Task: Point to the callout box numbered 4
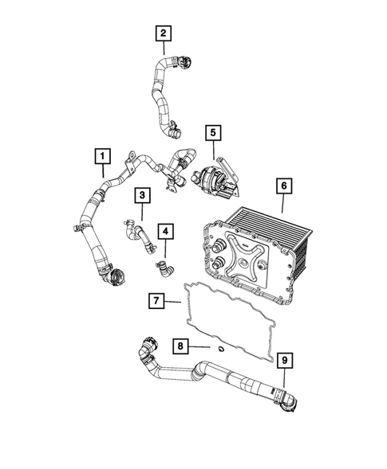click(x=165, y=232)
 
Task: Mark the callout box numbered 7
click(x=156, y=302)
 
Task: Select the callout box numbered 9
click(x=284, y=361)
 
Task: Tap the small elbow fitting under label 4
click(x=163, y=267)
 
